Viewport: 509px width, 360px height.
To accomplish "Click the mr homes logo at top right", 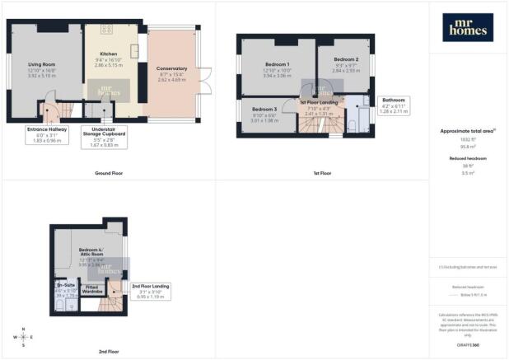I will coord(469,27).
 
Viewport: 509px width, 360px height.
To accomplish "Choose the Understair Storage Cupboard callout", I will coord(104,137).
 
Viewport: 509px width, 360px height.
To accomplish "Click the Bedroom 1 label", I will coord(278,64).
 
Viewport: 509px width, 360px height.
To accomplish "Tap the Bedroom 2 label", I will coord(346,60).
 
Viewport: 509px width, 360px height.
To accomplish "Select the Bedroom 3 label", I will coord(264,110).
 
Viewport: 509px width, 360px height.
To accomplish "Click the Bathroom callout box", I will coord(392,104).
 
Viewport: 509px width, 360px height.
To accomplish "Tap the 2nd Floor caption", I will coord(109,352).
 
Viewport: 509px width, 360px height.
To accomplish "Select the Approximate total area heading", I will coord(467,131).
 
